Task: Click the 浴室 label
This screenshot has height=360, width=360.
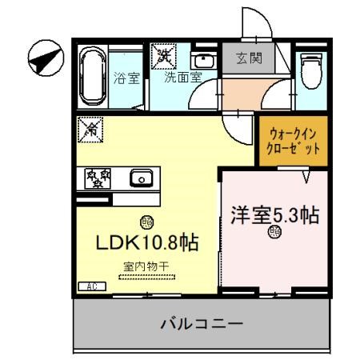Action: click(126, 78)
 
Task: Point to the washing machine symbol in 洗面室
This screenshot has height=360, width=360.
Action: click(165, 56)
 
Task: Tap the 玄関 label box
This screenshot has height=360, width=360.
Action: click(248, 58)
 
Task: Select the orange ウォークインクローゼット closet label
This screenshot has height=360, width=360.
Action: click(293, 142)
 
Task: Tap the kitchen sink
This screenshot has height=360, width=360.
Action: click(141, 178)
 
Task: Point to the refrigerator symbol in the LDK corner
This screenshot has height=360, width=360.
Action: click(90, 128)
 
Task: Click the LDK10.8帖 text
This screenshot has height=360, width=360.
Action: click(149, 242)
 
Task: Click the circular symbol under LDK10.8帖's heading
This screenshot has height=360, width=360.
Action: click(146, 222)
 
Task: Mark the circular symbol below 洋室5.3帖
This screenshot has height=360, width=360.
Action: click(275, 234)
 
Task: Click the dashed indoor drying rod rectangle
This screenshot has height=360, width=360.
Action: click(146, 277)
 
